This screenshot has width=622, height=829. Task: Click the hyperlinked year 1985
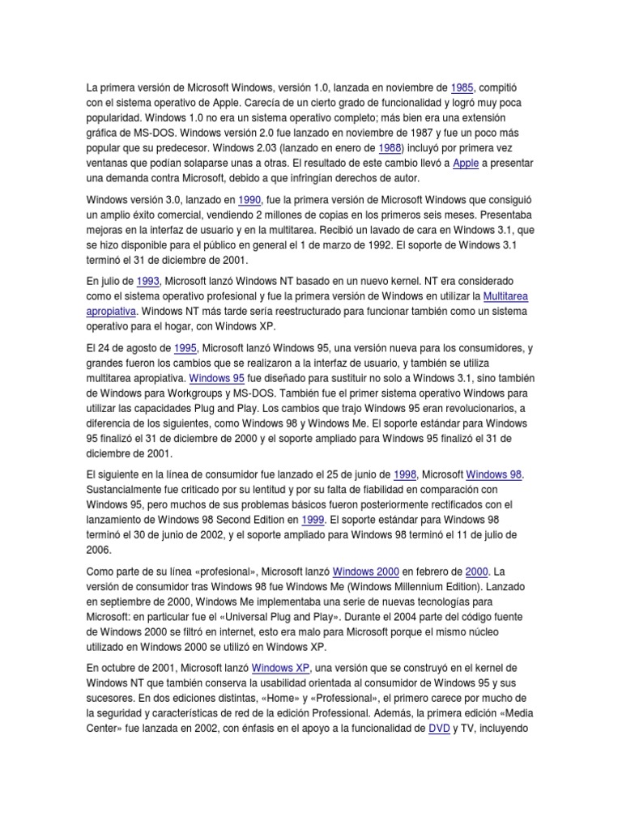click(462, 87)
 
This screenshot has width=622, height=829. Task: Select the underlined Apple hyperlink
click(466, 163)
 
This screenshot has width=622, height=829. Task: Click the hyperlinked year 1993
click(147, 280)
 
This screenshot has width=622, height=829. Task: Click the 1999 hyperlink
click(313, 520)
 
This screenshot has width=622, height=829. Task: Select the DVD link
click(438, 729)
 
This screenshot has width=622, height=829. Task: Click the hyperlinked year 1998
click(404, 474)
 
